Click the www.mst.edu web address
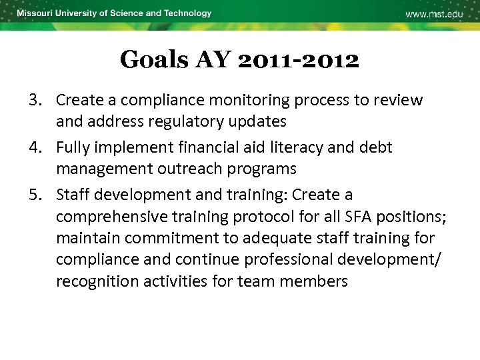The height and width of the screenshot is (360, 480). tap(434, 15)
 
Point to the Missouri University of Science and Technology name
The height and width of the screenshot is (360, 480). tap(114, 13)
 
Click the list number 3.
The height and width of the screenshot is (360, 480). tap(35, 100)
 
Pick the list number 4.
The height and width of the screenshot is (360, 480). tap(35, 147)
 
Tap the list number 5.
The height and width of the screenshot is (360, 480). tap(35, 195)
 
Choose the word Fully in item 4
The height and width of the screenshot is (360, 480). tap(73, 147)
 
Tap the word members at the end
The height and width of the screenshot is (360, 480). tap(313, 281)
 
